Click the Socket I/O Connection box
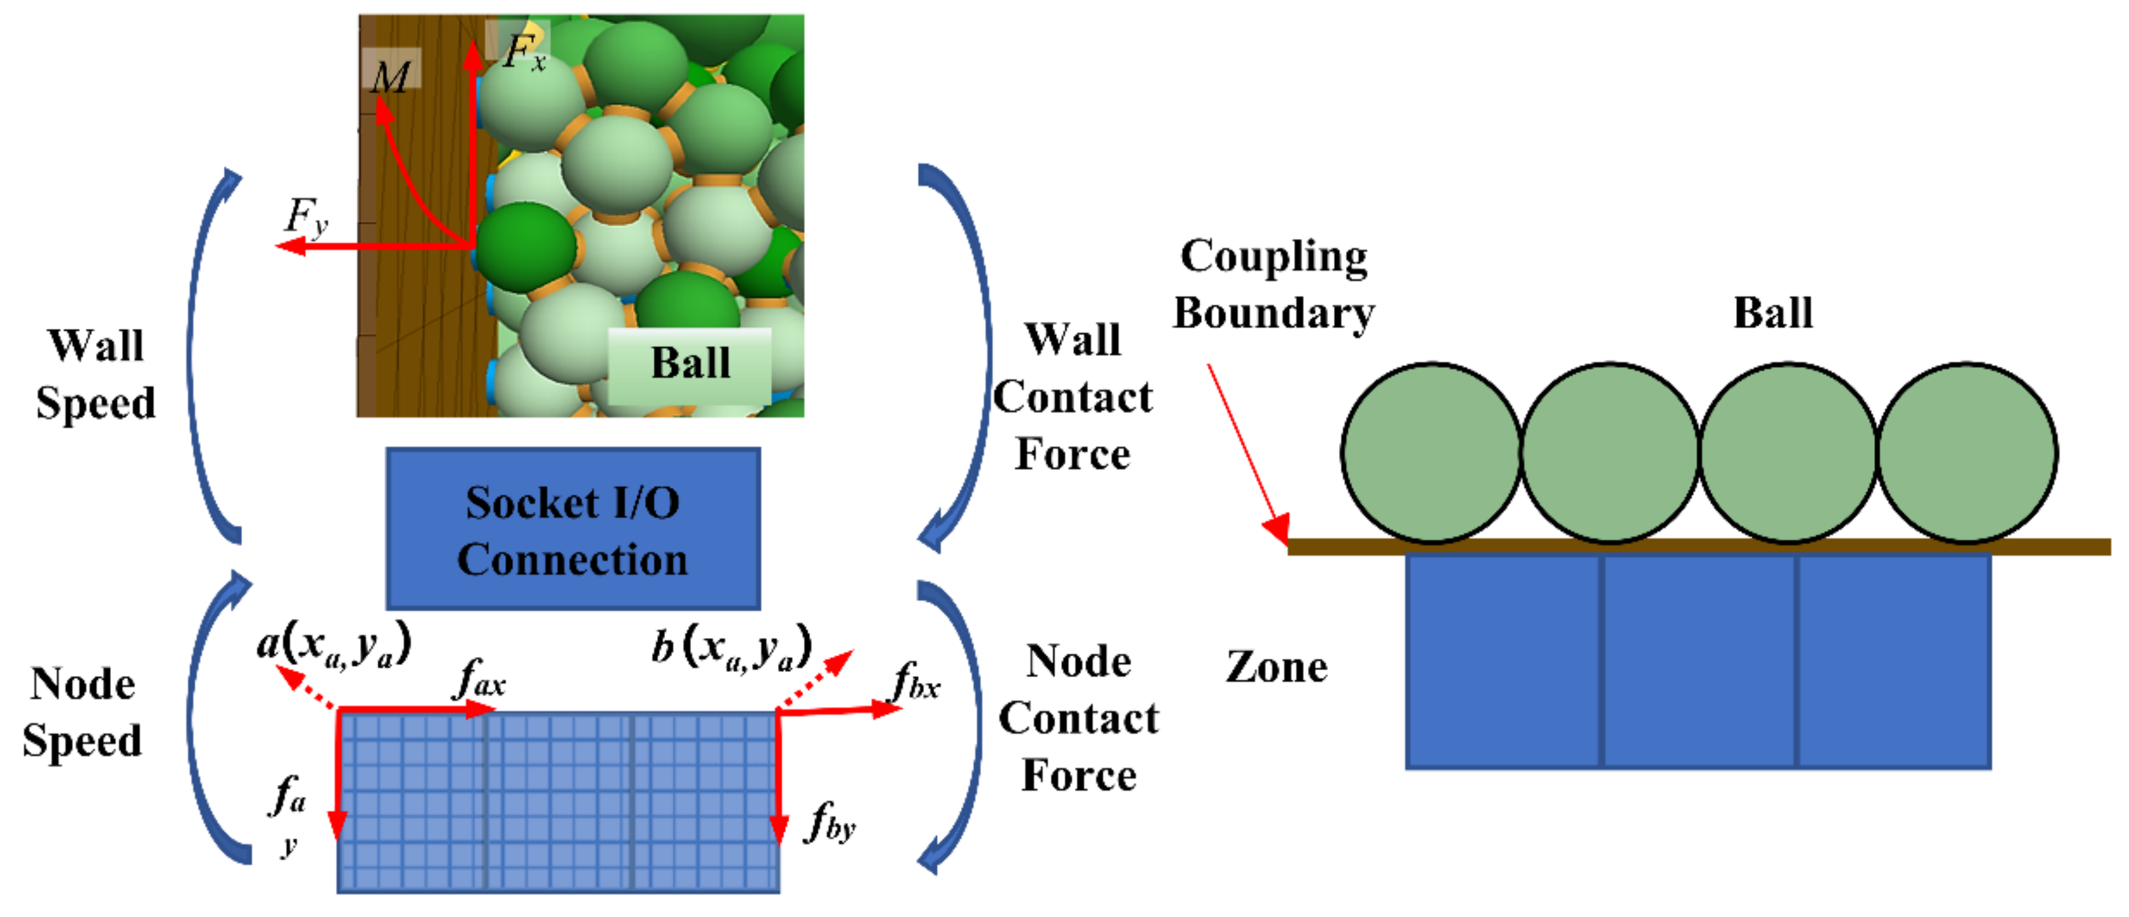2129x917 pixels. (x=573, y=529)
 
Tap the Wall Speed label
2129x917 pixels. (x=96, y=374)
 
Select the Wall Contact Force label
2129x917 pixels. (x=1073, y=398)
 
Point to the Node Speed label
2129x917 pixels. (x=83, y=712)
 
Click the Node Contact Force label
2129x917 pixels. (x=1078, y=718)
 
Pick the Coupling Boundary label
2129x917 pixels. (x=1274, y=284)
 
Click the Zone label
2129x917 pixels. (x=1277, y=667)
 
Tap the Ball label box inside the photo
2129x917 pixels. (x=690, y=363)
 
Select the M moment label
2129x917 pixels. (x=390, y=77)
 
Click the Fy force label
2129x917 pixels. (x=306, y=217)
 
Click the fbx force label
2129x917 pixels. (x=917, y=682)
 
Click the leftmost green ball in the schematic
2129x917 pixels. (x=1431, y=452)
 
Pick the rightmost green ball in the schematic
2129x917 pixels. (x=1967, y=452)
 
